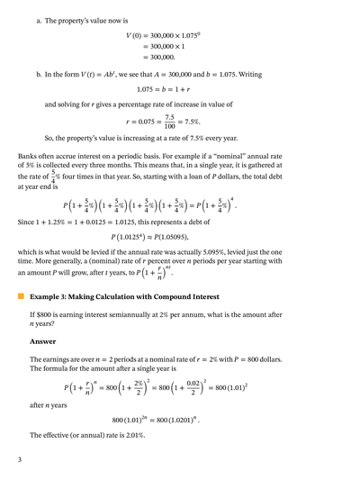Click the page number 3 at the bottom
(19, 460)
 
